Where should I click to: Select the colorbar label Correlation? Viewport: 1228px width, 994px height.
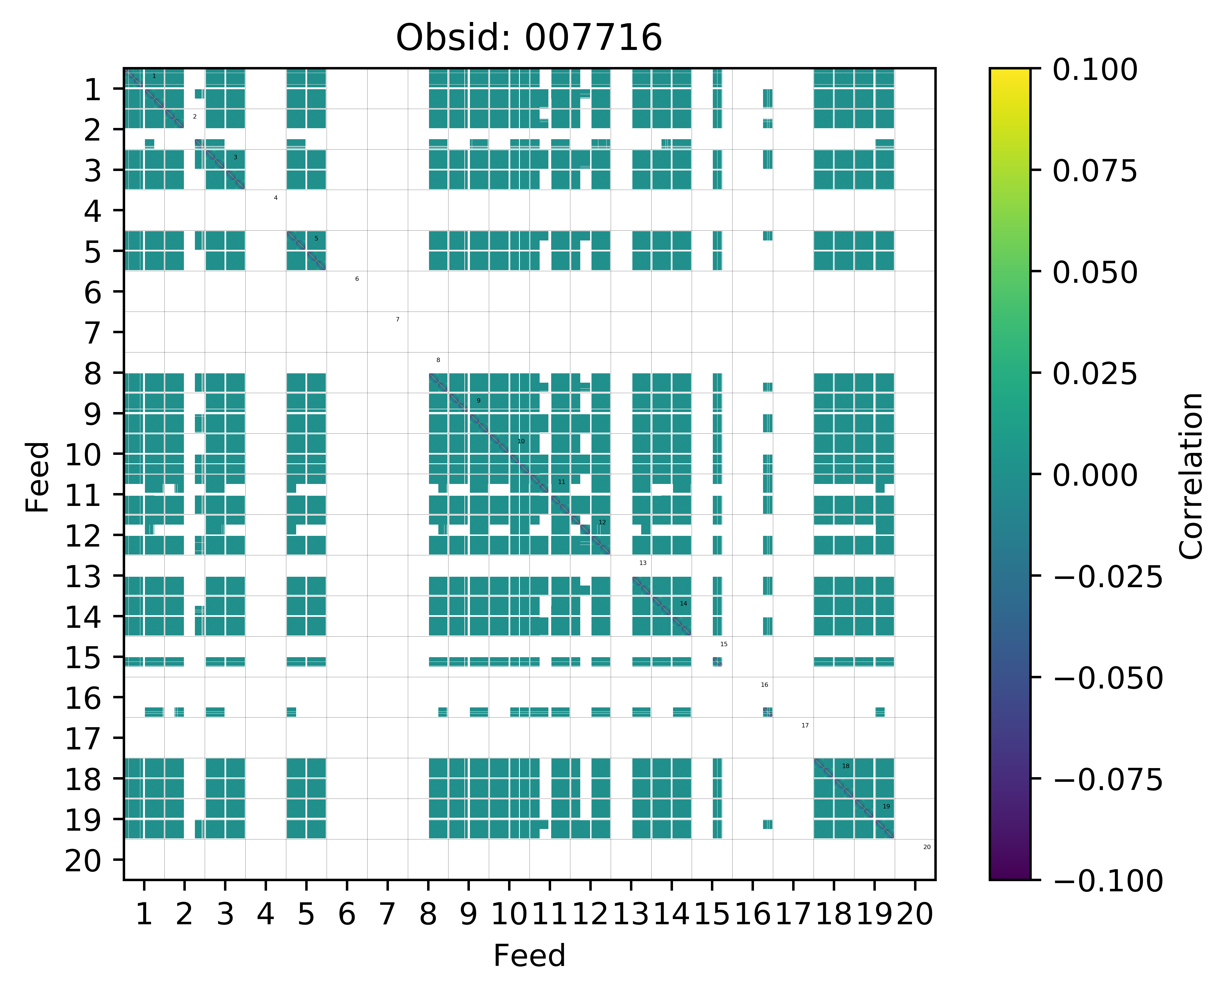[1192, 475]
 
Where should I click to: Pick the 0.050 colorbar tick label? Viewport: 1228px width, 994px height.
[1095, 273]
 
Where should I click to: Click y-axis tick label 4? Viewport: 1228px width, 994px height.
[93, 212]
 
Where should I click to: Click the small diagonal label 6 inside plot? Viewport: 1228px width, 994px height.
[357, 279]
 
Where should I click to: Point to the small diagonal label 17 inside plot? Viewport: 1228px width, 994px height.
[805, 726]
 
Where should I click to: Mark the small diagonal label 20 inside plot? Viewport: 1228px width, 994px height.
[927, 847]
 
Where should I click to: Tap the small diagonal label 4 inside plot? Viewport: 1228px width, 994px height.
[275, 198]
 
